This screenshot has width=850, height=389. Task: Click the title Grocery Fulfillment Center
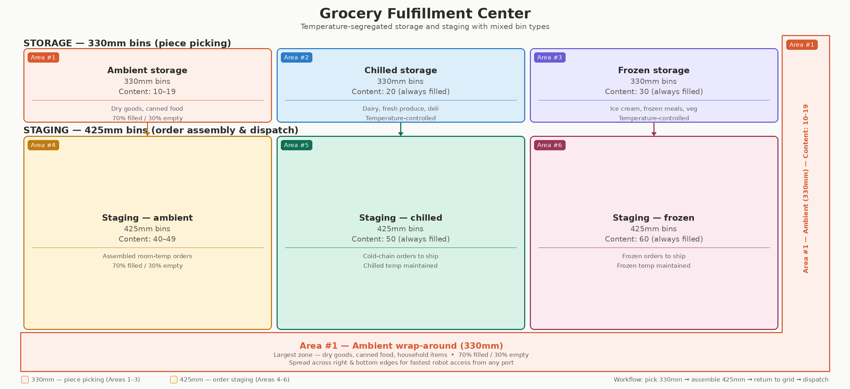tap(425, 14)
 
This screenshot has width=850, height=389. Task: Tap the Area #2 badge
tap(296, 57)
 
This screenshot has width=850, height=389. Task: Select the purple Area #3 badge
tap(550, 57)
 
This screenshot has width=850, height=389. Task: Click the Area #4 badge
tap(43, 145)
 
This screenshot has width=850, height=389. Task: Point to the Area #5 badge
tap(296, 145)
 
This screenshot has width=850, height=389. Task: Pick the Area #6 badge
tap(550, 145)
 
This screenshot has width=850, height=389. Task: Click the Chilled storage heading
tap(401, 70)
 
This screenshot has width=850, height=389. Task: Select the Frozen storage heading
tap(654, 70)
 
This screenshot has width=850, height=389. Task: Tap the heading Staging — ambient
tap(147, 218)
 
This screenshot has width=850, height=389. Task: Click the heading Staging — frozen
tap(654, 218)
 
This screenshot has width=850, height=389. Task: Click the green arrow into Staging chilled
tap(401, 129)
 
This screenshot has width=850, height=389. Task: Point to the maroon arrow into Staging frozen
tap(654, 129)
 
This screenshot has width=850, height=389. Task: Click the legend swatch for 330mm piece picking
tap(25, 379)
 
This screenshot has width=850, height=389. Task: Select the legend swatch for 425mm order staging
tap(174, 379)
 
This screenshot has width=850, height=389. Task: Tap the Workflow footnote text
tap(721, 379)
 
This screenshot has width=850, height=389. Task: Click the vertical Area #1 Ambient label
tap(806, 188)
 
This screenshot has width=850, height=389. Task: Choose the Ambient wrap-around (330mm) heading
tap(401, 346)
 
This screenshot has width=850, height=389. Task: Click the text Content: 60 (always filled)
tap(654, 239)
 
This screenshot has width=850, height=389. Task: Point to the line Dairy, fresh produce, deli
tap(401, 109)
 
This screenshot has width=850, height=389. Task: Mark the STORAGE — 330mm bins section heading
tap(127, 43)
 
